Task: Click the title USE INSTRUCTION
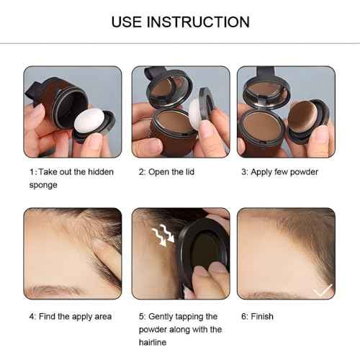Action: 180,22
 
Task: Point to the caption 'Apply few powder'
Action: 280,173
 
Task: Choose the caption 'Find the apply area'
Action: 70,316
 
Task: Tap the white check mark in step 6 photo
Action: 323,289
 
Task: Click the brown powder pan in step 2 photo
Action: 174,122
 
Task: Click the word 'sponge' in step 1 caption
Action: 43,185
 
